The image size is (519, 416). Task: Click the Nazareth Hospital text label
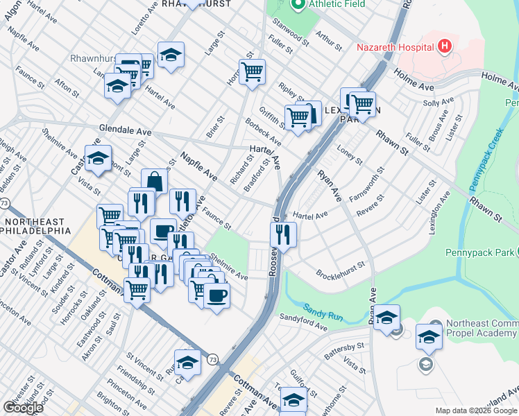[395, 47]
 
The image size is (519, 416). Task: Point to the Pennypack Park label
[479, 252]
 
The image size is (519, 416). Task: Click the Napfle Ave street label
[199, 167]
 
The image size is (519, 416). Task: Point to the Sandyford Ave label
[303, 321]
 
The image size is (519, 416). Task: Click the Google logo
[23, 408]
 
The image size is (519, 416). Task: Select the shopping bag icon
[155, 182]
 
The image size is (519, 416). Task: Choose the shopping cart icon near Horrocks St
[252, 71]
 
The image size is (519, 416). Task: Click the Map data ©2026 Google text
[475, 410]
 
